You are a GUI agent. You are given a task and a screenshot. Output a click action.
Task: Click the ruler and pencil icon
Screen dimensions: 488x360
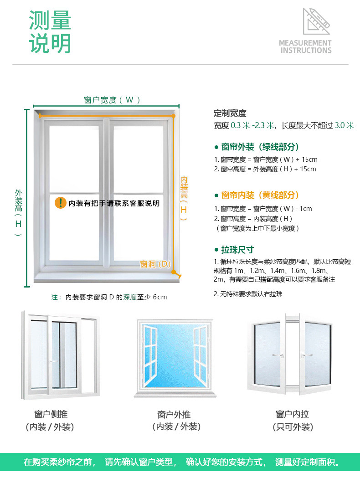click(316, 21)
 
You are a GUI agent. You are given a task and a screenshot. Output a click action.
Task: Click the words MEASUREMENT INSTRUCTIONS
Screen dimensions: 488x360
click(305, 46)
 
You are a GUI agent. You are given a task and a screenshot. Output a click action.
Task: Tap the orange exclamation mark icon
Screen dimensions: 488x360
click(60, 203)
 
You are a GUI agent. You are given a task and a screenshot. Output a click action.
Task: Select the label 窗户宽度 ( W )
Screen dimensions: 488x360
click(112, 100)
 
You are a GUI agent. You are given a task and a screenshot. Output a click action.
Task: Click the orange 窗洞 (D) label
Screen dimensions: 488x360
click(155, 264)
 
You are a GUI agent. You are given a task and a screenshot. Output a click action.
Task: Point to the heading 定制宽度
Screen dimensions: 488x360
click(230, 113)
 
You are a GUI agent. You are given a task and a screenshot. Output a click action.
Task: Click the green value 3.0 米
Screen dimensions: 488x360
click(344, 125)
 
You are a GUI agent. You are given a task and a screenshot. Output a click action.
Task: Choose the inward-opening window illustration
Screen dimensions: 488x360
click(289, 353)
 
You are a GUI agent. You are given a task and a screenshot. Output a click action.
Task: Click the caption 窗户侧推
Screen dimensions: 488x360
click(51, 414)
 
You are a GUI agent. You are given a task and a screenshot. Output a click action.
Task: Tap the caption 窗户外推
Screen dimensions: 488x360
click(174, 414)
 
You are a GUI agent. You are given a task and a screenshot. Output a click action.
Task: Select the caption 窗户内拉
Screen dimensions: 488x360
click(292, 414)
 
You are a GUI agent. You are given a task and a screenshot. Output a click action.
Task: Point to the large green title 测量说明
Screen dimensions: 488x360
click(50, 32)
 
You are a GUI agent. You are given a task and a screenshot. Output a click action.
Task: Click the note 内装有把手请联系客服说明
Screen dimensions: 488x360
click(114, 203)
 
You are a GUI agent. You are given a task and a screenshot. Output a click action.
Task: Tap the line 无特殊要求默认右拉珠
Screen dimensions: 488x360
click(248, 294)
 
